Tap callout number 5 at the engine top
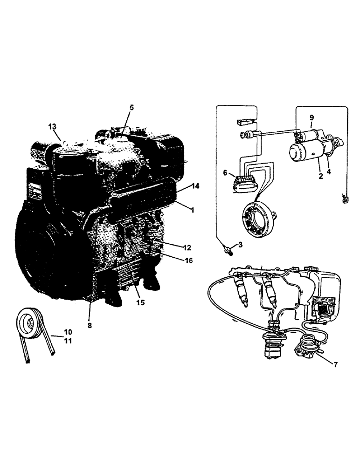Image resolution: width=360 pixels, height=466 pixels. coord(132,107)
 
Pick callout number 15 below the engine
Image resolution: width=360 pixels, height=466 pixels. coord(140,302)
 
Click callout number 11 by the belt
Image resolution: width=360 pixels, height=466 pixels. coord(68,341)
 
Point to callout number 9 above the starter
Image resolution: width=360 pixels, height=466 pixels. coord(312,118)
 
